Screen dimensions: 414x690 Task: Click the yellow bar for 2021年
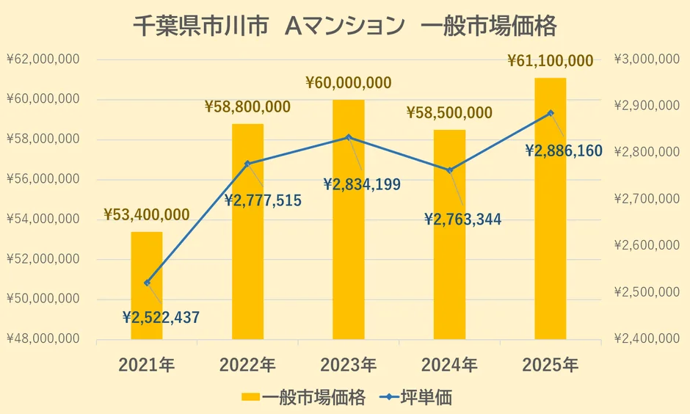click(147, 286)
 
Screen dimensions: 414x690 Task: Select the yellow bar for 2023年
click(349, 220)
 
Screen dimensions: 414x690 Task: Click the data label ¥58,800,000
click(247, 107)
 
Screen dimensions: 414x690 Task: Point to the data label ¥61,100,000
click(550, 61)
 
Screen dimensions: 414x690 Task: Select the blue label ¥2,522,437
click(161, 318)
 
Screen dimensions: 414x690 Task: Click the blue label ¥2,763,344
click(462, 219)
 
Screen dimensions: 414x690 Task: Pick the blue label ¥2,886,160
click(564, 151)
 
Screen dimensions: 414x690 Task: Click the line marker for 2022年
click(247, 164)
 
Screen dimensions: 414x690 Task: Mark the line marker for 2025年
click(551, 113)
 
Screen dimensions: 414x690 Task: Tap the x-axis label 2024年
click(449, 365)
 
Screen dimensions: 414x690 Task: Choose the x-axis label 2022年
click(247, 365)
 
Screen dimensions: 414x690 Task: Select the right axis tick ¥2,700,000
click(647, 199)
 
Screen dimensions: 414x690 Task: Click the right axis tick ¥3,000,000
click(647, 59)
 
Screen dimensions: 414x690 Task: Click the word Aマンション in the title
click(344, 27)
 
